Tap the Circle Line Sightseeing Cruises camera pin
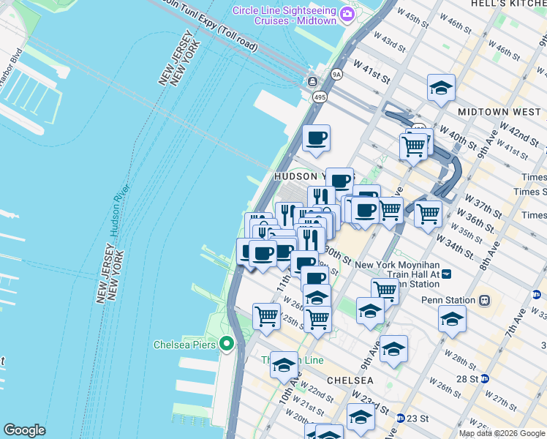(x=347, y=14)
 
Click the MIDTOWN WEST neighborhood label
(x=499, y=113)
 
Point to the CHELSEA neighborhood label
(x=350, y=380)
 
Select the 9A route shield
(x=336, y=74)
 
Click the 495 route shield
(x=320, y=96)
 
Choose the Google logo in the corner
(x=24, y=430)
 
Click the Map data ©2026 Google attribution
(x=501, y=433)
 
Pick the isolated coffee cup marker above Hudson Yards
(x=316, y=138)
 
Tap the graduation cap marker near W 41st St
(x=441, y=88)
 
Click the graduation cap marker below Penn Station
(x=452, y=319)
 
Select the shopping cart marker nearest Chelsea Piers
(x=267, y=316)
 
